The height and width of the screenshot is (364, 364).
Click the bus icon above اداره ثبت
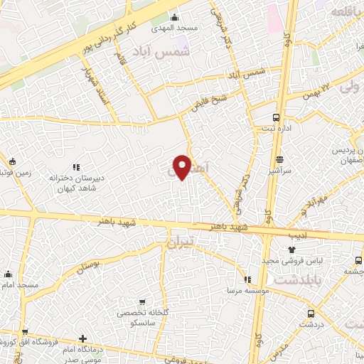coord(276,118)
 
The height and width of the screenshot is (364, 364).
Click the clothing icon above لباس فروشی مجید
coord(291,250)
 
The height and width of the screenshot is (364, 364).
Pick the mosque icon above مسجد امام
coord(9,275)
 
